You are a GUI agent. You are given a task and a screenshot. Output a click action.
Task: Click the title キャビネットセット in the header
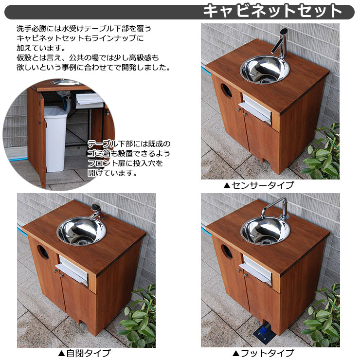[x=272, y=11]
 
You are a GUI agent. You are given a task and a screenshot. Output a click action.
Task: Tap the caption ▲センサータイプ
[x=258, y=185]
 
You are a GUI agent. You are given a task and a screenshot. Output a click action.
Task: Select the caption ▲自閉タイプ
[x=84, y=353]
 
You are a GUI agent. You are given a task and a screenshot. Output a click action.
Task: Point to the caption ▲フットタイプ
[x=263, y=353]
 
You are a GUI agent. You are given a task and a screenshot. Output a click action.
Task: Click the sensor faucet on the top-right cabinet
[x=281, y=43]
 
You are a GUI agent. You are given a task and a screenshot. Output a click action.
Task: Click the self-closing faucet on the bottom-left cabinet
[x=96, y=211]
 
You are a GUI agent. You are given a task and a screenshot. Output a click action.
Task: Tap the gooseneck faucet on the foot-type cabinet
[x=275, y=208]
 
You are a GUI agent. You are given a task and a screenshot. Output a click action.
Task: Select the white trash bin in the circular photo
[x=55, y=139]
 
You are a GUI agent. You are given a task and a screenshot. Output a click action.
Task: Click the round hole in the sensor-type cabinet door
[x=226, y=91]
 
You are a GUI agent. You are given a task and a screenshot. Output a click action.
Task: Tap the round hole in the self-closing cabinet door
[x=43, y=252]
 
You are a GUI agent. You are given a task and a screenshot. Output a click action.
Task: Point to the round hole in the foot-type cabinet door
[x=227, y=252]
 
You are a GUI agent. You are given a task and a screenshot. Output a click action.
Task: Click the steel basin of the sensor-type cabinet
[x=265, y=69]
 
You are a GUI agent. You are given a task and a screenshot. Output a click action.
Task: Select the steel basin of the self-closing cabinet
[x=82, y=232]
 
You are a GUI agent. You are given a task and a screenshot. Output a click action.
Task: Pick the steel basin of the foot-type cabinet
[x=265, y=231]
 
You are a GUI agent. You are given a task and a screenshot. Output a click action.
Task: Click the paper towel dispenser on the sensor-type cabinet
[x=256, y=109]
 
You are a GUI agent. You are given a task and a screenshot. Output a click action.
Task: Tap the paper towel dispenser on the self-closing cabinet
[x=72, y=270]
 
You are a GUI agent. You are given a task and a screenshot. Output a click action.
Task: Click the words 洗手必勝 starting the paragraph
[x=31, y=29]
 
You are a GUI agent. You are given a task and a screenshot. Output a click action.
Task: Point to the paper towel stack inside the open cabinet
[x=89, y=101]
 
